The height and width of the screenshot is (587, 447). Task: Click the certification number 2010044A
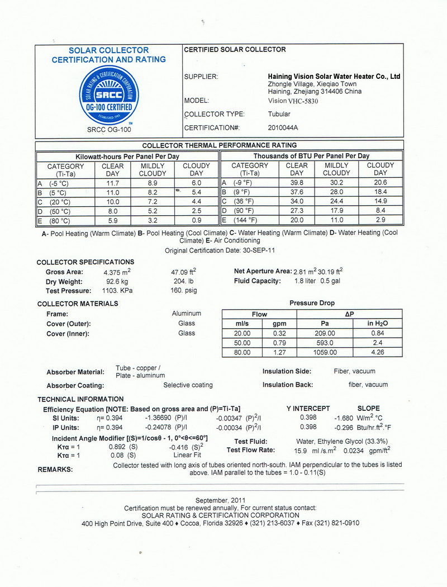pyautogui.click(x=283, y=128)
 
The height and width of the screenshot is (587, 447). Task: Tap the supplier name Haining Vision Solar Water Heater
pyautogui.click(x=334, y=77)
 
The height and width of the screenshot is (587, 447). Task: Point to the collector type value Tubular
pyautogui.click(x=279, y=115)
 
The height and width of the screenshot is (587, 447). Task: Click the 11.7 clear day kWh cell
pyautogui.click(x=113, y=183)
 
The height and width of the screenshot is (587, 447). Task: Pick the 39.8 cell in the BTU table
pyautogui.click(x=297, y=183)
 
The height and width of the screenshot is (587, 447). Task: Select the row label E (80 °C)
pyautogui.click(x=54, y=221)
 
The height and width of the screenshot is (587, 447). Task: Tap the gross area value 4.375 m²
pyautogui.click(x=118, y=272)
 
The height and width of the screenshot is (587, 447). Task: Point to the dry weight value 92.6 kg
pyautogui.click(x=117, y=282)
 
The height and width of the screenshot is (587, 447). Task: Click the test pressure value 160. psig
pyautogui.click(x=184, y=291)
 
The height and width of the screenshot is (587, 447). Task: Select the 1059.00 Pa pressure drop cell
pyautogui.click(x=325, y=353)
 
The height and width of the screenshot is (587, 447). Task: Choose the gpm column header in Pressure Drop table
pyautogui.click(x=279, y=324)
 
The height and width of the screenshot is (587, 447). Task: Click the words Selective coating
pyautogui.click(x=188, y=385)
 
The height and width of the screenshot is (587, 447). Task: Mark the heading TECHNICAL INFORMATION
pyautogui.click(x=80, y=399)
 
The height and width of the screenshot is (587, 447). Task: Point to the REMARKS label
pyautogui.click(x=55, y=470)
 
